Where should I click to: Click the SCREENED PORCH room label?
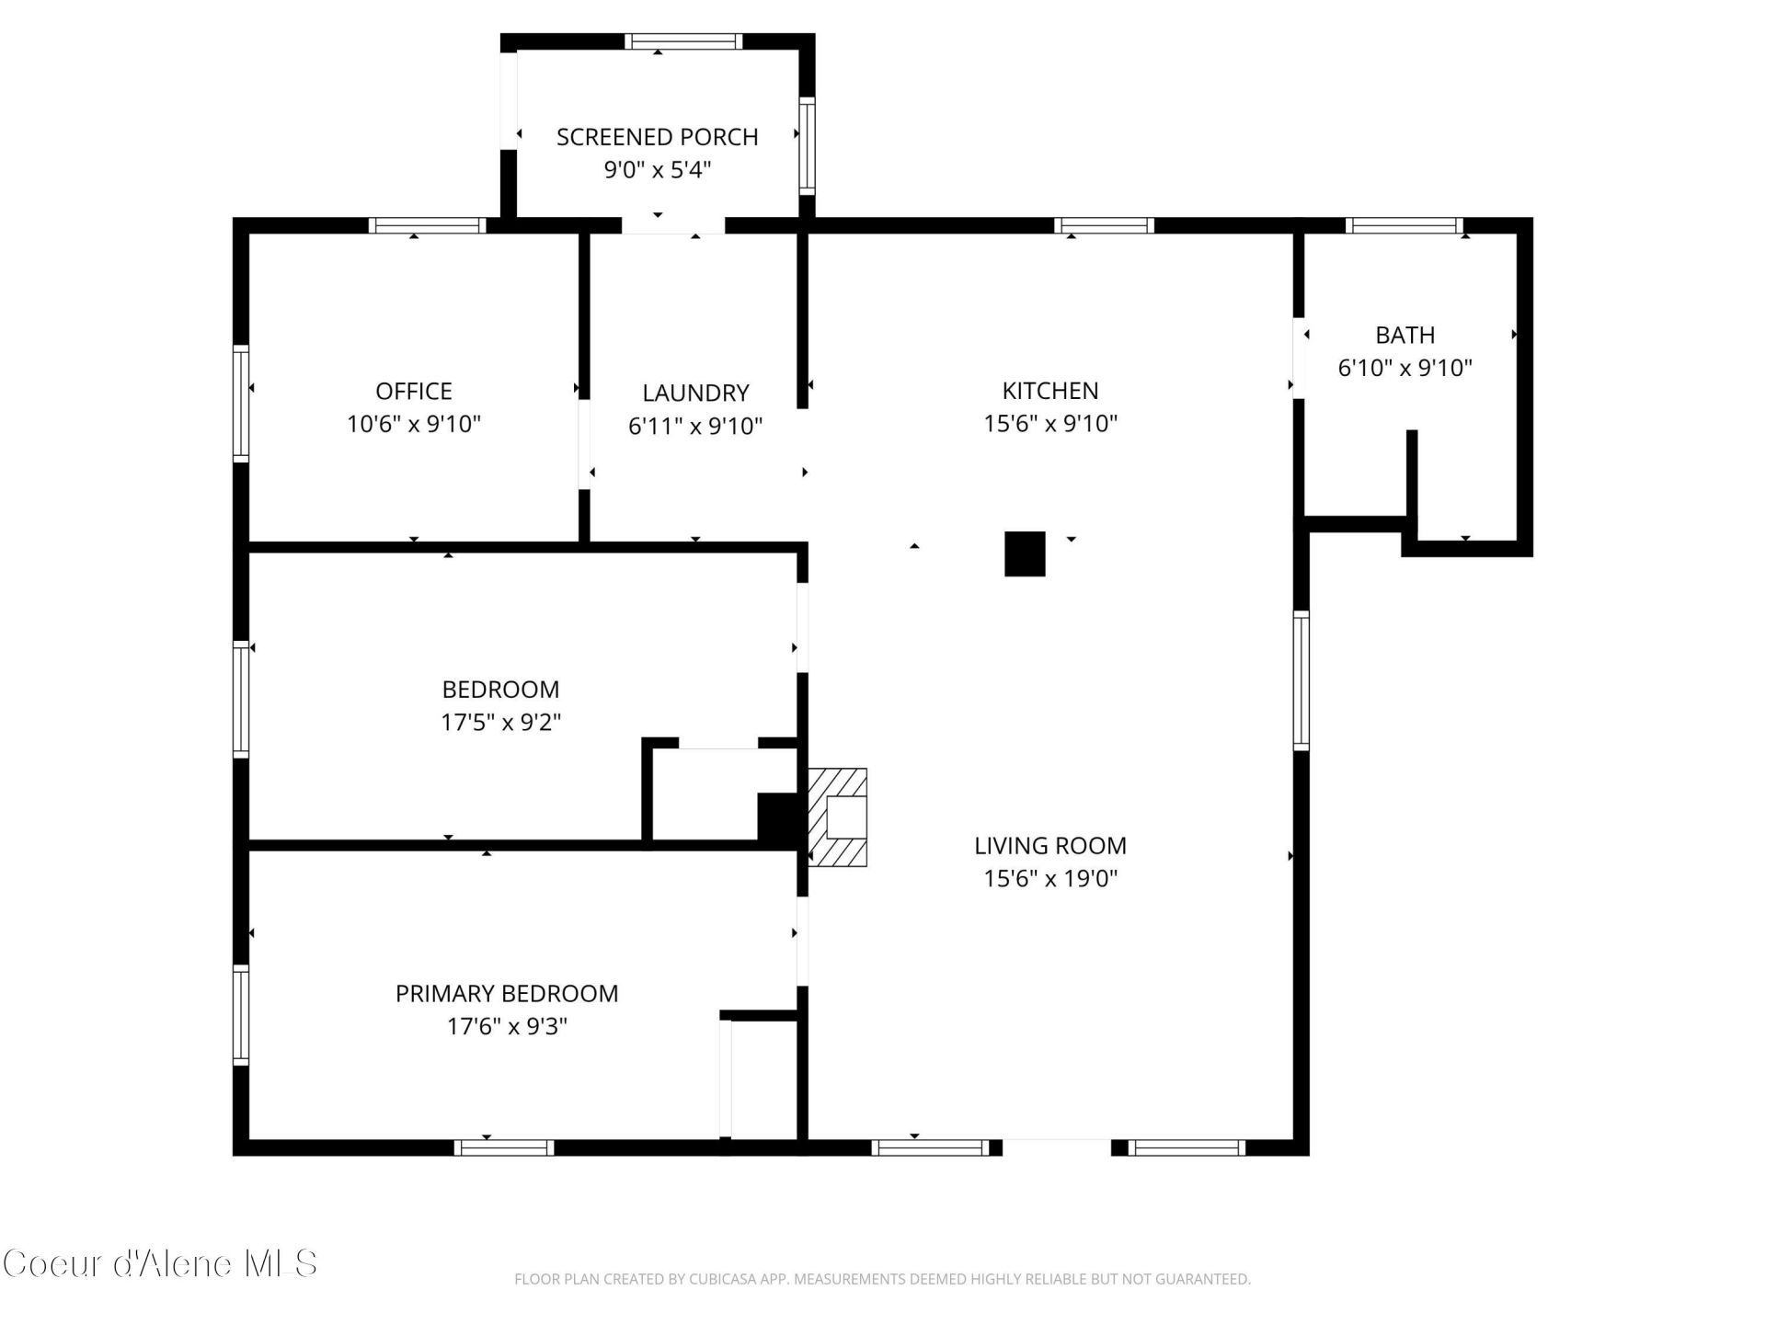pyautogui.click(x=657, y=137)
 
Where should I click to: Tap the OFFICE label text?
pyautogui.click(x=414, y=392)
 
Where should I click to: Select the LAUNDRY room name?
pyautogui.click(x=695, y=394)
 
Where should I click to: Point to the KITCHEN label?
pyautogui.click(x=1050, y=391)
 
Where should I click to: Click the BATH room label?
pyautogui.click(x=1405, y=336)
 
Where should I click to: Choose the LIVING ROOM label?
pyautogui.click(x=1050, y=846)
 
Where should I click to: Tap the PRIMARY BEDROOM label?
pyautogui.click(x=507, y=994)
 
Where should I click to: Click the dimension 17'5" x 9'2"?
pyautogui.click(x=501, y=723)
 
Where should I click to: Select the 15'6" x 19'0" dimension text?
pyautogui.click(x=1050, y=879)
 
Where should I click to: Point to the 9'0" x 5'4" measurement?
pyautogui.click(x=657, y=170)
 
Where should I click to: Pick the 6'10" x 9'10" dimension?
pyautogui.click(x=1405, y=369)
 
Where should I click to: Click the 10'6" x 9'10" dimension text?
pyautogui.click(x=414, y=425)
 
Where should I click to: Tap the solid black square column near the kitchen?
pyautogui.click(x=1025, y=554)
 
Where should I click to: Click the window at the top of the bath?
pyautogui.click(x=1405, y=225)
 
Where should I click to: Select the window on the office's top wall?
pyautogui.click(x=428, y=225)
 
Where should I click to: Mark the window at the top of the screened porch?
pyautogui.click(x=683, y=41)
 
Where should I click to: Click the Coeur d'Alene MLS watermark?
pyautogui.click(x=160, y=1264)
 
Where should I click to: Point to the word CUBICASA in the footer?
pyautogui.click(x=726, y=1279)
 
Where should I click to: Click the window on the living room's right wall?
pyautogui.click(x=1302, y=681)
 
